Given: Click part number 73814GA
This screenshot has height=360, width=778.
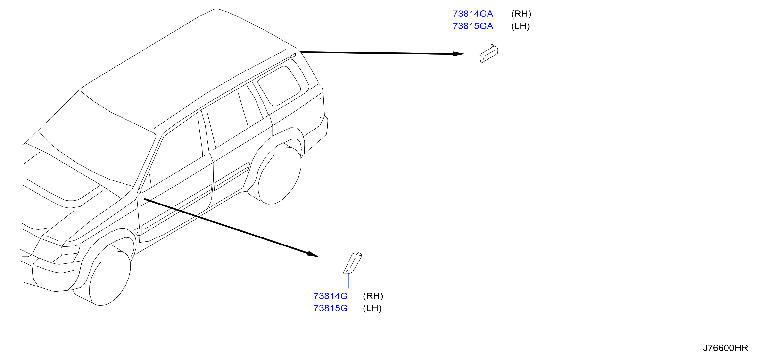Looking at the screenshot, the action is click(473, 14).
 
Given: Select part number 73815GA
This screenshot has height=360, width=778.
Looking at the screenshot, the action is click(473, 26).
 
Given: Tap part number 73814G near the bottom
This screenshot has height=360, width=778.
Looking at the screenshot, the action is click(331, 296).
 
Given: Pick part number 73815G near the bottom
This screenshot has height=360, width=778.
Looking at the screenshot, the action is click(331, 308).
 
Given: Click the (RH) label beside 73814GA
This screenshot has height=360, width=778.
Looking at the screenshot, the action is click(521, 14).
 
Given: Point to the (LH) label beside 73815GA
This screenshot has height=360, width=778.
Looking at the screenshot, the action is click(520, 26).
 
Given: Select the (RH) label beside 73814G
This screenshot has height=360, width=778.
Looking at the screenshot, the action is click(373, 296).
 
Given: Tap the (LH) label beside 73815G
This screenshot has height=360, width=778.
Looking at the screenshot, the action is click(372, 308).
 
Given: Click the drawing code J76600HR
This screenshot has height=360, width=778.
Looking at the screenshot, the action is click(725, 348).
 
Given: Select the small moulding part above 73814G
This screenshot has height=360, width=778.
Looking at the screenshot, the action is click(352, 263).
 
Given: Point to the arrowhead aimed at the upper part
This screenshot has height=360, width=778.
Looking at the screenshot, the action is click(458, 54).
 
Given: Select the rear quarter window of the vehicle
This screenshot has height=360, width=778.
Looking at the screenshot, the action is click(279, 86).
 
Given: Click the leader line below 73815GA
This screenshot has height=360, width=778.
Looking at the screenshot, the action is click(492, 39).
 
